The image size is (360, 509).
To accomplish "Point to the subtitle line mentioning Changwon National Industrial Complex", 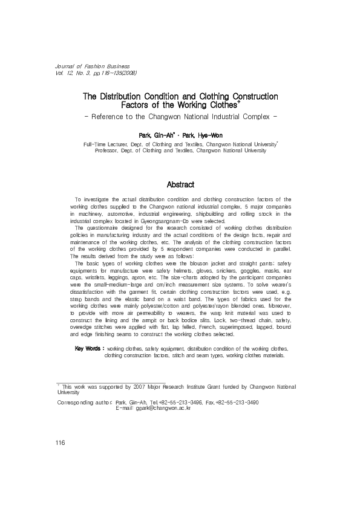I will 180,116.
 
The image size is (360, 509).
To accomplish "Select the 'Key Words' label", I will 88,349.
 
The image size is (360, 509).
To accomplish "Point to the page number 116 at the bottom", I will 60,443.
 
